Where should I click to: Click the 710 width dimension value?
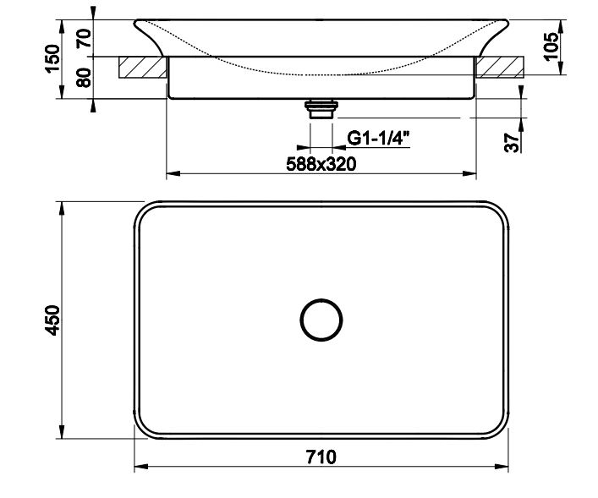tap(321, 457)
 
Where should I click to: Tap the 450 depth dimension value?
tap(52, 320)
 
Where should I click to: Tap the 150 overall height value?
tap(53, 58)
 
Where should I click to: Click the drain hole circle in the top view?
tap(321, 320)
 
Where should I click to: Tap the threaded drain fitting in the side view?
tap(321, 107)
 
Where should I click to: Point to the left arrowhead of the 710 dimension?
tap(140, 467)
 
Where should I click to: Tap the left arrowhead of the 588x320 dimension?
tap(171, 174)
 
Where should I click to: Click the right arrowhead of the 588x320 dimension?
tap(471, 174)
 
